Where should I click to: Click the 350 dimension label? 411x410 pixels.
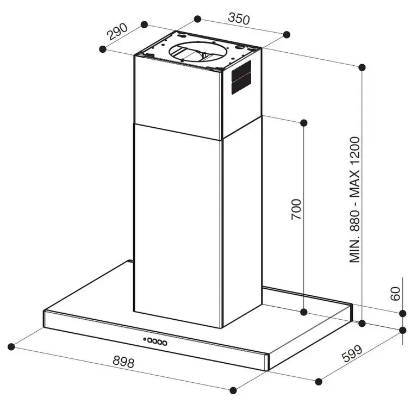[239, 18]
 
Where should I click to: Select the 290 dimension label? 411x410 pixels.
[117, 31]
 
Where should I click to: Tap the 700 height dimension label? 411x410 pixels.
[296, 209]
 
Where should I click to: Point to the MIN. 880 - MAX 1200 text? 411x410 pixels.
[354, 200]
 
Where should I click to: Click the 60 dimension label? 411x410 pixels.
[395, 294]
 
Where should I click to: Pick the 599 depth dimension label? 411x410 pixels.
[352, 353]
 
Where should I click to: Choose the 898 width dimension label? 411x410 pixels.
[123, 362]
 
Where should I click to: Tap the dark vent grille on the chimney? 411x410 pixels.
[241, 77]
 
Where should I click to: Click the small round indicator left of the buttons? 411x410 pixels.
[145, 339]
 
